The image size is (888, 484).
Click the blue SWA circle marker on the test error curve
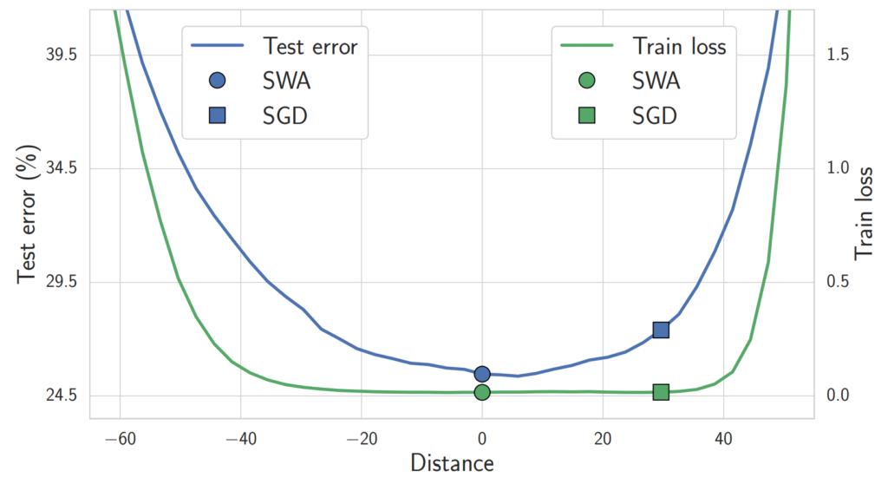coord(482,374)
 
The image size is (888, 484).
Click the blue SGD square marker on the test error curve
coord(661,330)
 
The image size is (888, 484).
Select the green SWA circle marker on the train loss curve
coord(482,392)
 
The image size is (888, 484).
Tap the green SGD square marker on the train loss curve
coord(661,392)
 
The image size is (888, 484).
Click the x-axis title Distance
coord(452,463)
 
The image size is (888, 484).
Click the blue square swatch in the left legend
coord(216,114)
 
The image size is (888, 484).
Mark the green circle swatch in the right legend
coord(587,81)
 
